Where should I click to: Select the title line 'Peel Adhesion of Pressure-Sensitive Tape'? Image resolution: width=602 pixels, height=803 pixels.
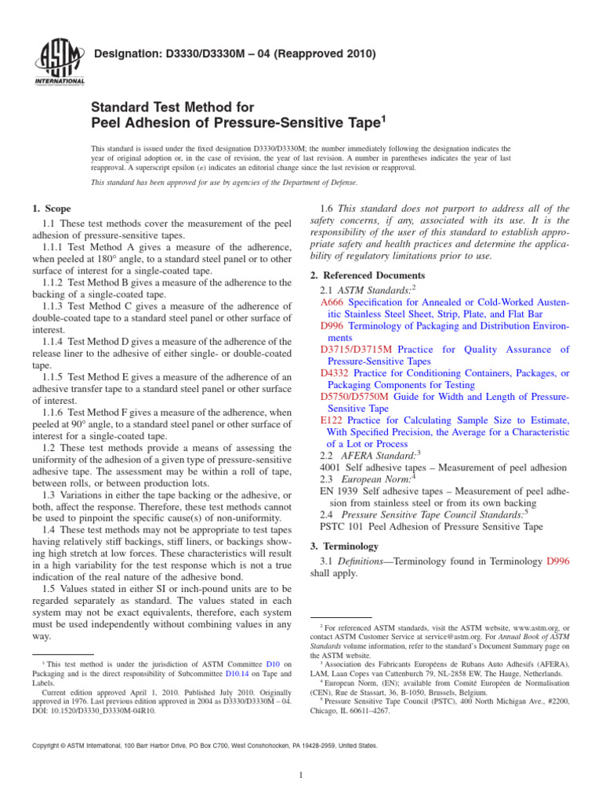237,122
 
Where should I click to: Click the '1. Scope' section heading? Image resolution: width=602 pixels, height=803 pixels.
51,209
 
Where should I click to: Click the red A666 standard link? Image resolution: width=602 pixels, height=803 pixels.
333,302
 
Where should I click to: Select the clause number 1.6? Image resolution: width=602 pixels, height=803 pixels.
330,209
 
